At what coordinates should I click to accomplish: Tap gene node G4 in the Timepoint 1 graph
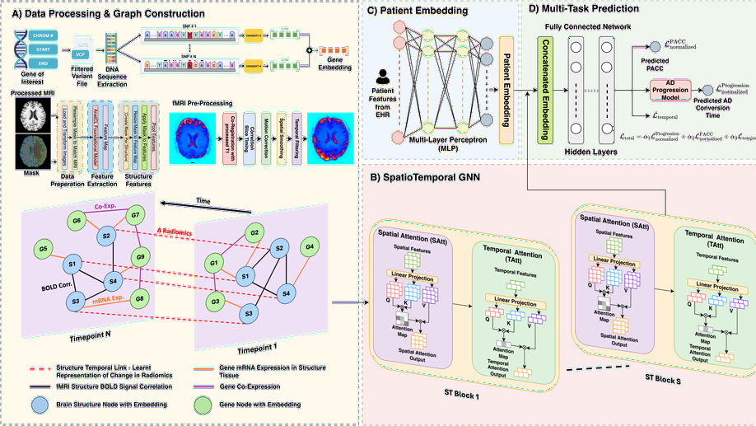click(310, 246)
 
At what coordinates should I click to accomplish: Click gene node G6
click(77, 221)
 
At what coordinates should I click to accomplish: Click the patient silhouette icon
click(383, 77)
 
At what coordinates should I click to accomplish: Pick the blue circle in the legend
click(39, 404)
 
